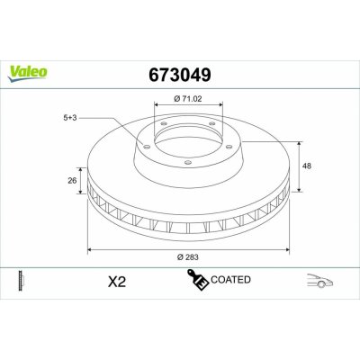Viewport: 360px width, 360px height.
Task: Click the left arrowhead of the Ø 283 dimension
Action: pyautogui.click(x=88, y=248)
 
